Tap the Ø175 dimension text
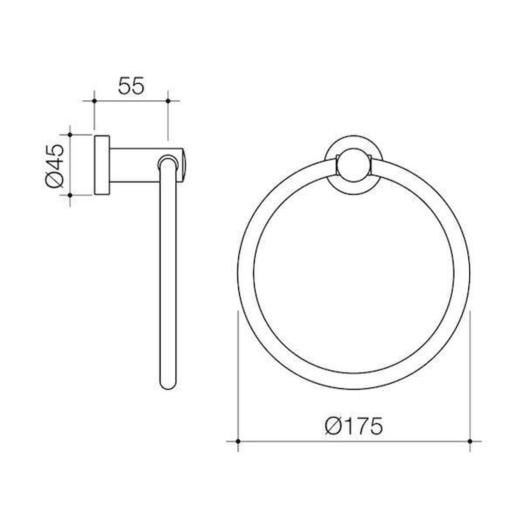click(x=354, y=426)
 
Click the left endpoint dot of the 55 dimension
click(x=94, y=101)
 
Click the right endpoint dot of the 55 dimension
click(x=168, y=101)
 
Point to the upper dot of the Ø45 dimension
click(x=70, y=135)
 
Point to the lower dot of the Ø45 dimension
click(x=70, y=195)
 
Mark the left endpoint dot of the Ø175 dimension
click(x=238, y=441)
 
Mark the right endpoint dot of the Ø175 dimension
click(x=470, y=441)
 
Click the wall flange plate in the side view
click(x=102, y=165)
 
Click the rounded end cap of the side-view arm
click(x=185, y=165)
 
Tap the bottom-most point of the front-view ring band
click(x=354, y=381)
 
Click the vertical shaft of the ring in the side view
click(x=168, y=276)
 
